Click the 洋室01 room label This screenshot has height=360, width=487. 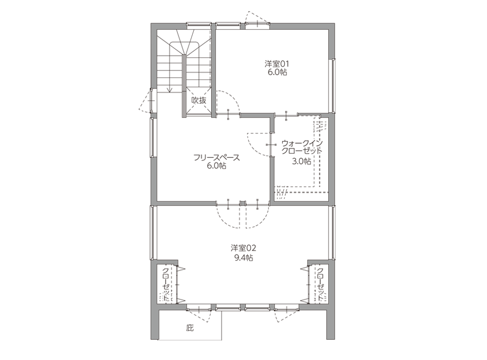[x=277, y=64]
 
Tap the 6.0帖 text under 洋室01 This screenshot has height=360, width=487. [x=277, y=73]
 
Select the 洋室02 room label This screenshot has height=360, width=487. [x=243, y=248]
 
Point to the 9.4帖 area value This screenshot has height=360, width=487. [x=243, y=257]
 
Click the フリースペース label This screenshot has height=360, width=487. [x=217, y=157]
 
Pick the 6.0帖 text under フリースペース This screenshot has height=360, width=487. [x=217, y=166]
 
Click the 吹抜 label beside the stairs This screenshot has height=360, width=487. [x=199, y=101]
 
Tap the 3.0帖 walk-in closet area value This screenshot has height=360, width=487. [x=301, y=161]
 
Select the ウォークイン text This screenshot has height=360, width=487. [x=302, y=143]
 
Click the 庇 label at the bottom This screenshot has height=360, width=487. [x=190, y=328]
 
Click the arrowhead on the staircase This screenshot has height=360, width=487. [x=169, y=90]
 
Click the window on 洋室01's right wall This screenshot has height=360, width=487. [x=333, y=85]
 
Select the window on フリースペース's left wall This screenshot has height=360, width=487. [x=152, y=138]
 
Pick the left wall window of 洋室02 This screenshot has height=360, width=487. [x=152, y=232]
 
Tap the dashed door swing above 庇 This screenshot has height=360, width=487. [x=200, y=316]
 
